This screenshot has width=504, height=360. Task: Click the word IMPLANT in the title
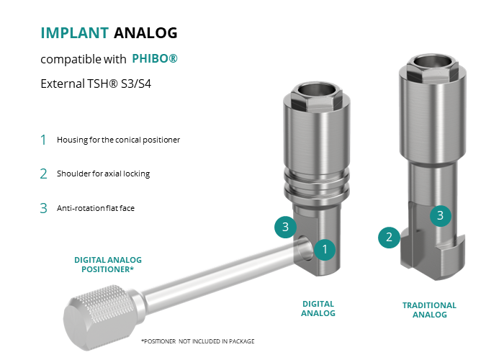pyautogui.click(x=75, y=33)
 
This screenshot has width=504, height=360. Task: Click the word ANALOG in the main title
pyautogui.click(x=145, y=33)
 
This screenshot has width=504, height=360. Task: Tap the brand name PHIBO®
pyautogui.click(x=155, y=58)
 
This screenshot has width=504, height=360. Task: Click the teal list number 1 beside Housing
pyautogui.click(x=43, y=140)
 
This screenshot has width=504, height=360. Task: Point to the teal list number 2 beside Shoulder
pyautogui.click(x=43, y=174)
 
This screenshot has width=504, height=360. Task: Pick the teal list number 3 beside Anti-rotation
pyautogui.click(x=43, y=208)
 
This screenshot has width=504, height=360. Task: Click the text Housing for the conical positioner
pyautogui.click(x=118, y=140)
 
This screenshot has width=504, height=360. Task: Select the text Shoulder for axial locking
pyautogui.click(x=103, y=174)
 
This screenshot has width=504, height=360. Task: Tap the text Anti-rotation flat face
pyautogui.click(x=96, y=208)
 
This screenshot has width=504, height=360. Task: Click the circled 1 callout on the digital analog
pyautogui.click(x=325, y=249)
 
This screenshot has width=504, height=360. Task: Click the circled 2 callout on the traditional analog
pyautogui.click(x=389, y=237)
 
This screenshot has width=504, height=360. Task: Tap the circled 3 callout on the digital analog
pyautogui.click(x=285, y=227)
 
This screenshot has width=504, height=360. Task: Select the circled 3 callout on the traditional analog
pyautogui.click(x=441, y=216)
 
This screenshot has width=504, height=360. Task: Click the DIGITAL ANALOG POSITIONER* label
pyautogui.click(x=108, y=264)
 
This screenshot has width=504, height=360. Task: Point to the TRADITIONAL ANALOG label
pyautogui.click(x=429, y=310)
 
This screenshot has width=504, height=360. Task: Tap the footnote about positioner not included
pyautogui.click(x=198, y=341)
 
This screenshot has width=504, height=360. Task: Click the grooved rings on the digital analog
pyautogui.click(x=317, y=183)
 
